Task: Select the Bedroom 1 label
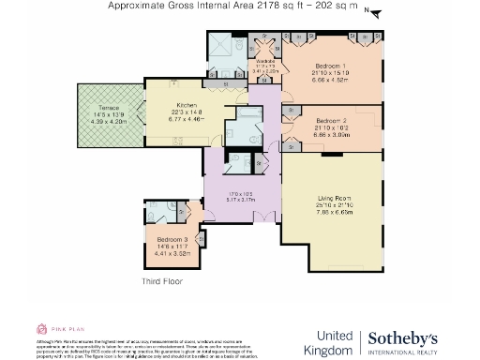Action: coord(329,66)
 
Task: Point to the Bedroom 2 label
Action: coord(333,121)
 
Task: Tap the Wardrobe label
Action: coord(265,60)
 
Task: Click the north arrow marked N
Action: coord(369,12)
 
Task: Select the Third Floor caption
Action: coord(161,280)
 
